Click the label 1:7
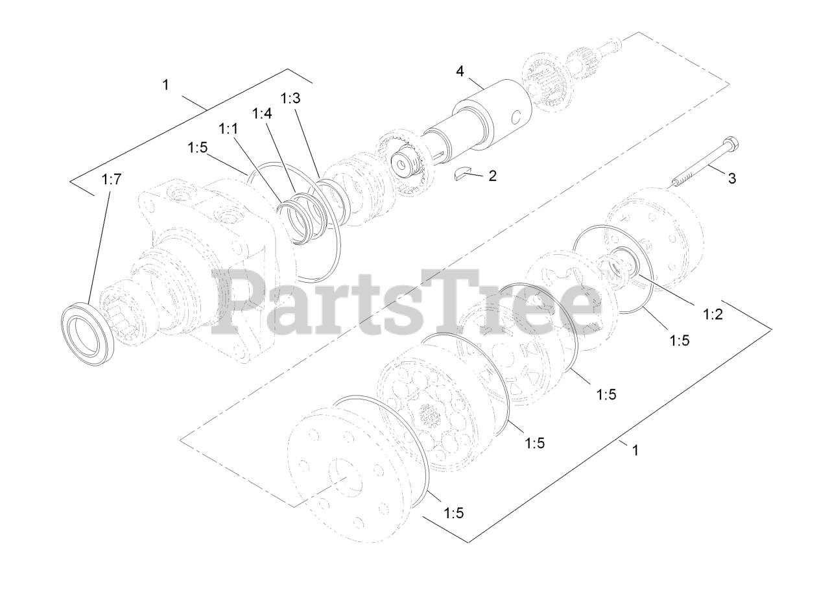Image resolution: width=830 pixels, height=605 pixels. [111, 180]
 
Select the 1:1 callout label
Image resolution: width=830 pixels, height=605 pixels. [228, 129]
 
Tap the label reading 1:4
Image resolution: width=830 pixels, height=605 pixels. [262, 113]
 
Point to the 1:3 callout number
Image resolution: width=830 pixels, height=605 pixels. [290, 98]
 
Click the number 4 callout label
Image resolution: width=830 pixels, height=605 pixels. [460, 71]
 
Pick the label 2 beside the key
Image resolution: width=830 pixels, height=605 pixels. [492, 176]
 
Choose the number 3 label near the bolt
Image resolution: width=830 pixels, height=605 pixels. [732, 178]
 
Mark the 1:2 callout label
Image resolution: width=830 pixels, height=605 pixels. [713, 314]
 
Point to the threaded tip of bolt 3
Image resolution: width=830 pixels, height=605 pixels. [676, 182]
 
